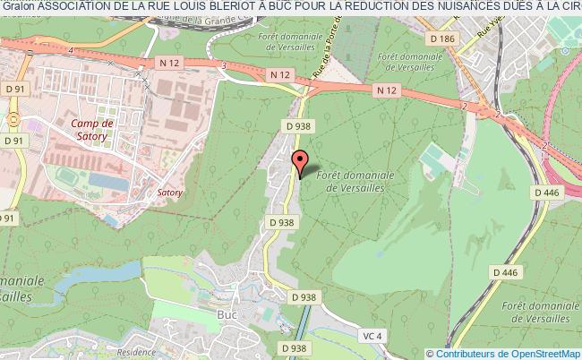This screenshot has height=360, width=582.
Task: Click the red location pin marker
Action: (301, 162)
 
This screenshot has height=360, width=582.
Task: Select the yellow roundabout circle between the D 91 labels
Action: (12, 118)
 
